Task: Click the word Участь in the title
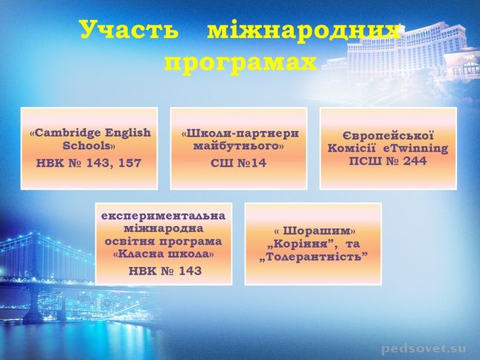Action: [129, 29]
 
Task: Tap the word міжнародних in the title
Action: [304, 30]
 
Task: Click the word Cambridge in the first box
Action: [68, 133]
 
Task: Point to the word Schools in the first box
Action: [86, 145]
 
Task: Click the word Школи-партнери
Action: [242, 133]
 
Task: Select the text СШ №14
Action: [238, 163]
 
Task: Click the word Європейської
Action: [388, 136]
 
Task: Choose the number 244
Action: [415, 161]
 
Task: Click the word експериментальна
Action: [164, 216]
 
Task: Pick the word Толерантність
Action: [313, 257]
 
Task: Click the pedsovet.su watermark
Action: [424, 348]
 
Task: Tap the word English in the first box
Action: [128, 133]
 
